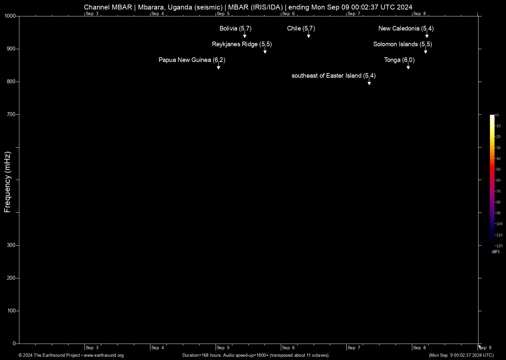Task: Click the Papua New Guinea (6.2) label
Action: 192,60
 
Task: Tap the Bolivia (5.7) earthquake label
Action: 235,29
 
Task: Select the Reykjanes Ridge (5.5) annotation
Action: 242,44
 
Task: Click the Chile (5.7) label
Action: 301,29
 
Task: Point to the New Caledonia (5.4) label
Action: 406,29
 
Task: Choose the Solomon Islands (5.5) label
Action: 402,44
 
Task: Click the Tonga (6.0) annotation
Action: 399,60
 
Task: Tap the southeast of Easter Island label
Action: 333,76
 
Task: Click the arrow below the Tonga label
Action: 408,67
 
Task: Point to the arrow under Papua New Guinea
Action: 218,67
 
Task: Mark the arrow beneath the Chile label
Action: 308,36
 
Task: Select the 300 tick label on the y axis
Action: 11,245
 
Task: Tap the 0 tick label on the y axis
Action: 14,344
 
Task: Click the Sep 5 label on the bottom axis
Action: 223,348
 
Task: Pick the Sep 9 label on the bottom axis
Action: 485,348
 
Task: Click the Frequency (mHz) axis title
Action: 7,182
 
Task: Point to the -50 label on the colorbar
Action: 498,170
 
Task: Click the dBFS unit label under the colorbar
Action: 496,252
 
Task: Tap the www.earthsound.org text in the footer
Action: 104,355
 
